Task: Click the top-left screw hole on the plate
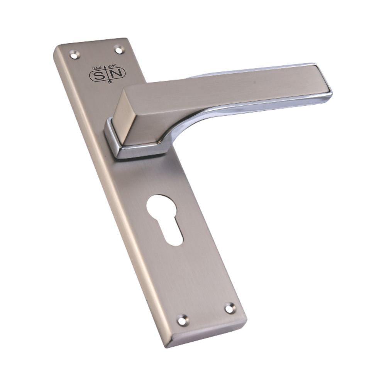(x=74, y=54)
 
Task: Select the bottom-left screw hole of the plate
(x=183, y=320)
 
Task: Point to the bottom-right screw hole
(x=230, y=308)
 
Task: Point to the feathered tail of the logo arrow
(x=110, y=82)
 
